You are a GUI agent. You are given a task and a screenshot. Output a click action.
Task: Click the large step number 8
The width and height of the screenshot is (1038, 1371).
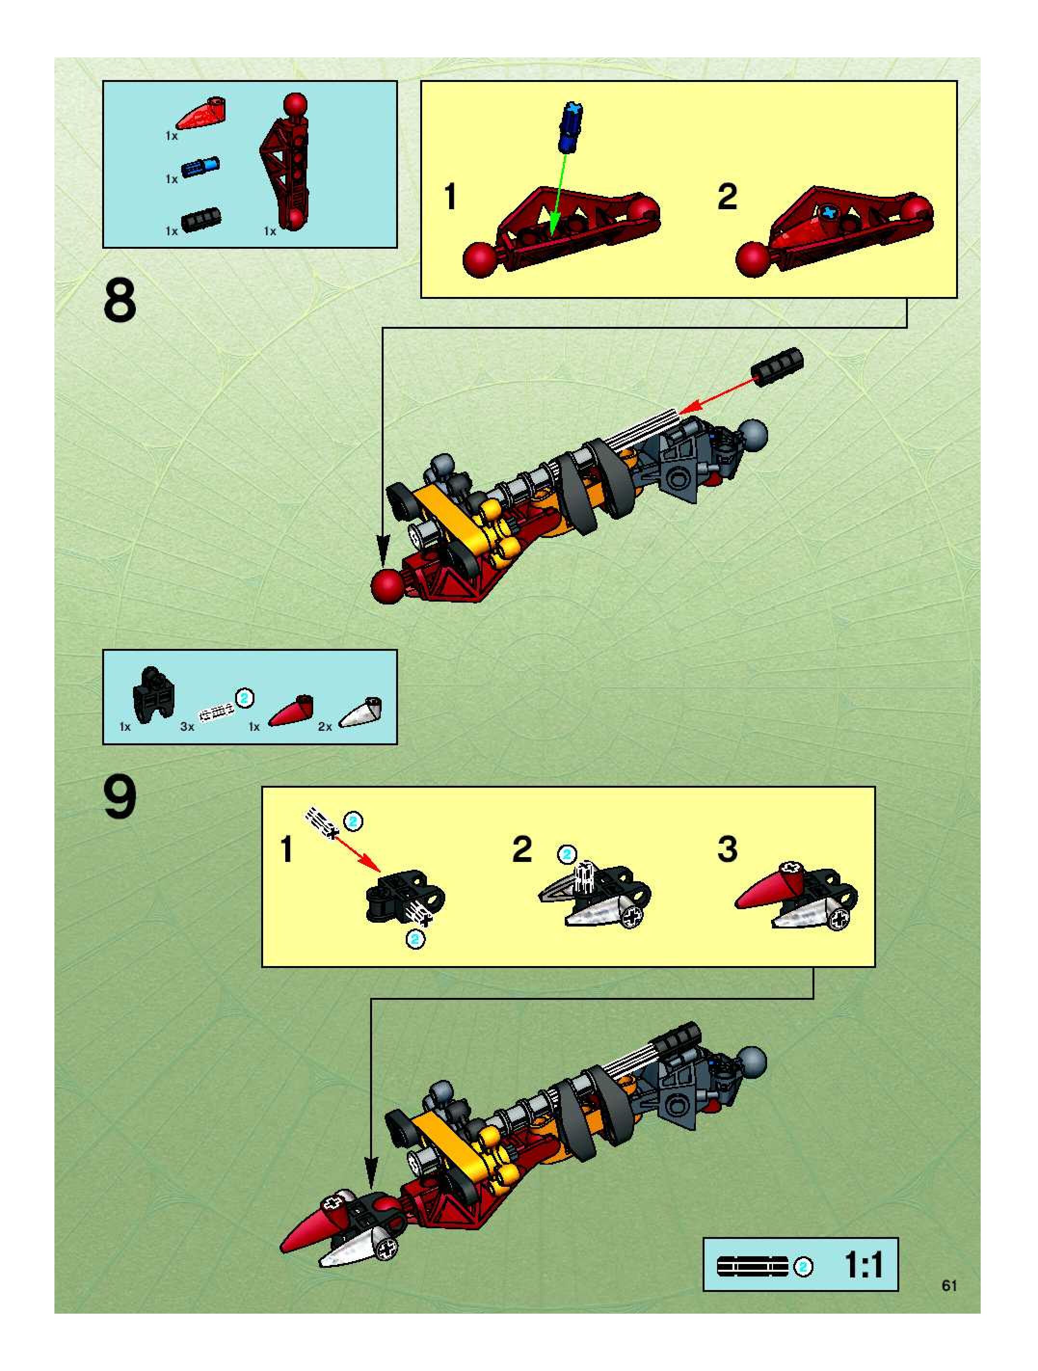click(120, 301)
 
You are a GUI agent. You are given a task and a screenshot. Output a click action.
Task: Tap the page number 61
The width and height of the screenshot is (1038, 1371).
click(949, 1286)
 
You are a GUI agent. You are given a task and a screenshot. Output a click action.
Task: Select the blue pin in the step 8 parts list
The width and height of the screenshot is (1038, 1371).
click(200, 166)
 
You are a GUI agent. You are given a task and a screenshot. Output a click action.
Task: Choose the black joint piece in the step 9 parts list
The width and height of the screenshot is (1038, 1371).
click(153, 694)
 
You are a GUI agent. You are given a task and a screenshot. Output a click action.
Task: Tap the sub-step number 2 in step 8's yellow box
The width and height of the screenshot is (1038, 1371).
click(727, 197)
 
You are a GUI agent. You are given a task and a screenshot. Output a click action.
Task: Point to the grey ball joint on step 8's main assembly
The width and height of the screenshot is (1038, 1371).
click(751, 435)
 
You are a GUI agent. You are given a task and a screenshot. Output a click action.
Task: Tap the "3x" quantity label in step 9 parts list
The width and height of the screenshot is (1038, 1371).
click(187, 726)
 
